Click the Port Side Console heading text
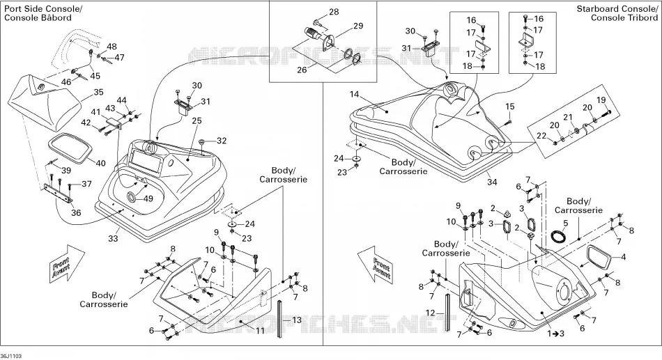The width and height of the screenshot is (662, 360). pyautogui.click(x=43, y=9)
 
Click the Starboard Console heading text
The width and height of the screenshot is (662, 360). pyautogui.click(x=617, y=9)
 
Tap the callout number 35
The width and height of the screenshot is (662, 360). pyautogui.click(x=98, y=93)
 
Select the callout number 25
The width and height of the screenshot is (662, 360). pyautogui.click(x=197, y=121)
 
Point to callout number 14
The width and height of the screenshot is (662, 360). pyautogui.click(x=354, y=94)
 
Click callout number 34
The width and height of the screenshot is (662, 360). pyautogui.click(x=492, y=182)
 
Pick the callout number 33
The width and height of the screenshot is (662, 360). pyautogui.click(x=113, y=238)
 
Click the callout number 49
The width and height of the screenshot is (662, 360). pyautogui.click(x=148, y=198)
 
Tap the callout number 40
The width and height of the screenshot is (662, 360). pyautogui.click(x=100, y=164)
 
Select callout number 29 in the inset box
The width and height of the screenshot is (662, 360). pyautogui.click(x=358, y=26)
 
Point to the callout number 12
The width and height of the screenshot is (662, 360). pyautogui.click(x=430, y=313)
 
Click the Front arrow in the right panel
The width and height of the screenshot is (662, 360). pyautogui.click(x=376, y=266)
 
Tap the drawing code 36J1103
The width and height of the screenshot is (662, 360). pyautogui.click(x=10, y=357)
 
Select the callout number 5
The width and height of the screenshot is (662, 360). pyautogui.click(x=566, y=223)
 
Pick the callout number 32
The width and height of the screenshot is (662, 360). pyautogui.click(x=221, y=141)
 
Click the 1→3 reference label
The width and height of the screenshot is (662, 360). pyautogui.click(x=556, y=334)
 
